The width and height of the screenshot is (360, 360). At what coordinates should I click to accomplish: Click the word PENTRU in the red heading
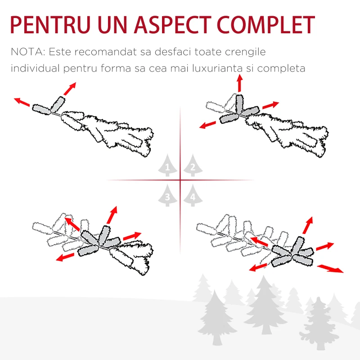[x=50, y=25]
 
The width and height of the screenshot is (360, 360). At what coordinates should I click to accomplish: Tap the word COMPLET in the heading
[x=266, y=25]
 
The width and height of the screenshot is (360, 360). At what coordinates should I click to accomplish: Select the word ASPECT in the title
[x=172, y=25]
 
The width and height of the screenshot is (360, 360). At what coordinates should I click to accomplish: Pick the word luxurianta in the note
[x=217, y=68]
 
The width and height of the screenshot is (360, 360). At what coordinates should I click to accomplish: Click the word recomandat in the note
[x=105, y=52]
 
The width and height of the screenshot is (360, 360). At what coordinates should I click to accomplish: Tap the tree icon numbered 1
[x=167, y=165]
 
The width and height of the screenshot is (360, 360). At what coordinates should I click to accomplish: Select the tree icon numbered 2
[x=193, y=165]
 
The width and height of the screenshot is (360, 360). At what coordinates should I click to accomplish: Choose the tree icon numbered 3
[x=167, y=195]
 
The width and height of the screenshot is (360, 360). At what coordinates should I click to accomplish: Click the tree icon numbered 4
[x=193, y=195]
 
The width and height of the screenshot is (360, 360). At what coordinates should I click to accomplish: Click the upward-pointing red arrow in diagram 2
[x=240, y=83]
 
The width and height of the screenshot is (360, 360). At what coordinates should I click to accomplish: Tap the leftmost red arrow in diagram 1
[x=22, y=102]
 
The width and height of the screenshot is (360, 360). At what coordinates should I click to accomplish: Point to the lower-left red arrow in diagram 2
[x=207, y=125]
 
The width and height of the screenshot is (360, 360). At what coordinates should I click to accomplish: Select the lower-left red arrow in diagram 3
[x=65, y=257]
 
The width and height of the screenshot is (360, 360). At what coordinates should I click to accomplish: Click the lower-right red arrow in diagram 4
[x=330, y=269]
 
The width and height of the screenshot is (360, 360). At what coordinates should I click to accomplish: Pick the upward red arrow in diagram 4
[x=308, y=225]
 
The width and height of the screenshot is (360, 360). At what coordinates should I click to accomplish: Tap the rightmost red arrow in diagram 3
[x=132, y=236]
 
